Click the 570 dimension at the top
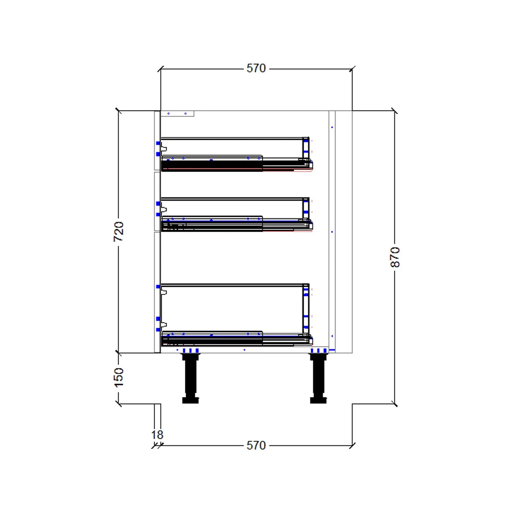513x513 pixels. (x=256, y=68)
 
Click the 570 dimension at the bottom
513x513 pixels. (x=256, y=445)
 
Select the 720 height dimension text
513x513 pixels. (x=119, y=232)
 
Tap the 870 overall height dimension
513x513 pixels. (x=394, y=256)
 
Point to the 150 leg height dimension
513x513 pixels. (x=119, y=377)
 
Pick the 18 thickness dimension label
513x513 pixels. (x=157, y=435)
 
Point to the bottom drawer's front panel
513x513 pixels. (x=157, y=292)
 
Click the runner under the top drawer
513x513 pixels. (x=236, y=165)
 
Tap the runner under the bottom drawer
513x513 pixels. (x=236, y=340)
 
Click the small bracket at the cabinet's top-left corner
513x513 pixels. (x=177, y=114)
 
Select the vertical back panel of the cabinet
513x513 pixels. (x=331, y=231)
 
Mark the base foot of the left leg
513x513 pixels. (x=190, y=400)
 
